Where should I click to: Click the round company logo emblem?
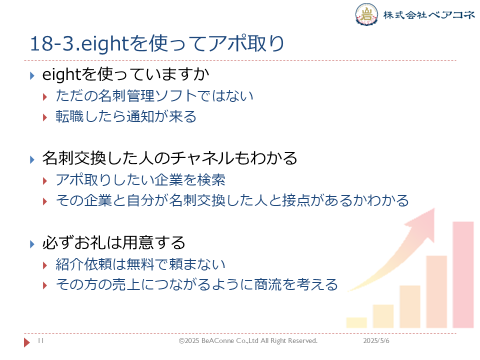[x=366, y=14]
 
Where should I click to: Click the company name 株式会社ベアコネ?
[x=429, y=14]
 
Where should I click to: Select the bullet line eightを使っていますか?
[x=125, y=74]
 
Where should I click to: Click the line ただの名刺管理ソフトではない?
[x=154, y=96]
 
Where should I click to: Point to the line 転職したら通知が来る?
[x=126, y=116]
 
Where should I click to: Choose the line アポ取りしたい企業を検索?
[x=140, y=179]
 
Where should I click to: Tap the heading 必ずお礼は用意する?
[x=113, y=243]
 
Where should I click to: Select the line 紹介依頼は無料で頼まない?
[x=140, y=264]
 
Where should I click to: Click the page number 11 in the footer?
[x=40, y=340]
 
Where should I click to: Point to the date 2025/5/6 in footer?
[x=376, y=340]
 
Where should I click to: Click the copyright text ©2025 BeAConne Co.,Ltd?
[x=218, y=340]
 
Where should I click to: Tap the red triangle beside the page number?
[x=27, y=342]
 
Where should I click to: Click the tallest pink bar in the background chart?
[x=463, y=275]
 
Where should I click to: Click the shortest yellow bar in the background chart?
[x=356, y=322]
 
